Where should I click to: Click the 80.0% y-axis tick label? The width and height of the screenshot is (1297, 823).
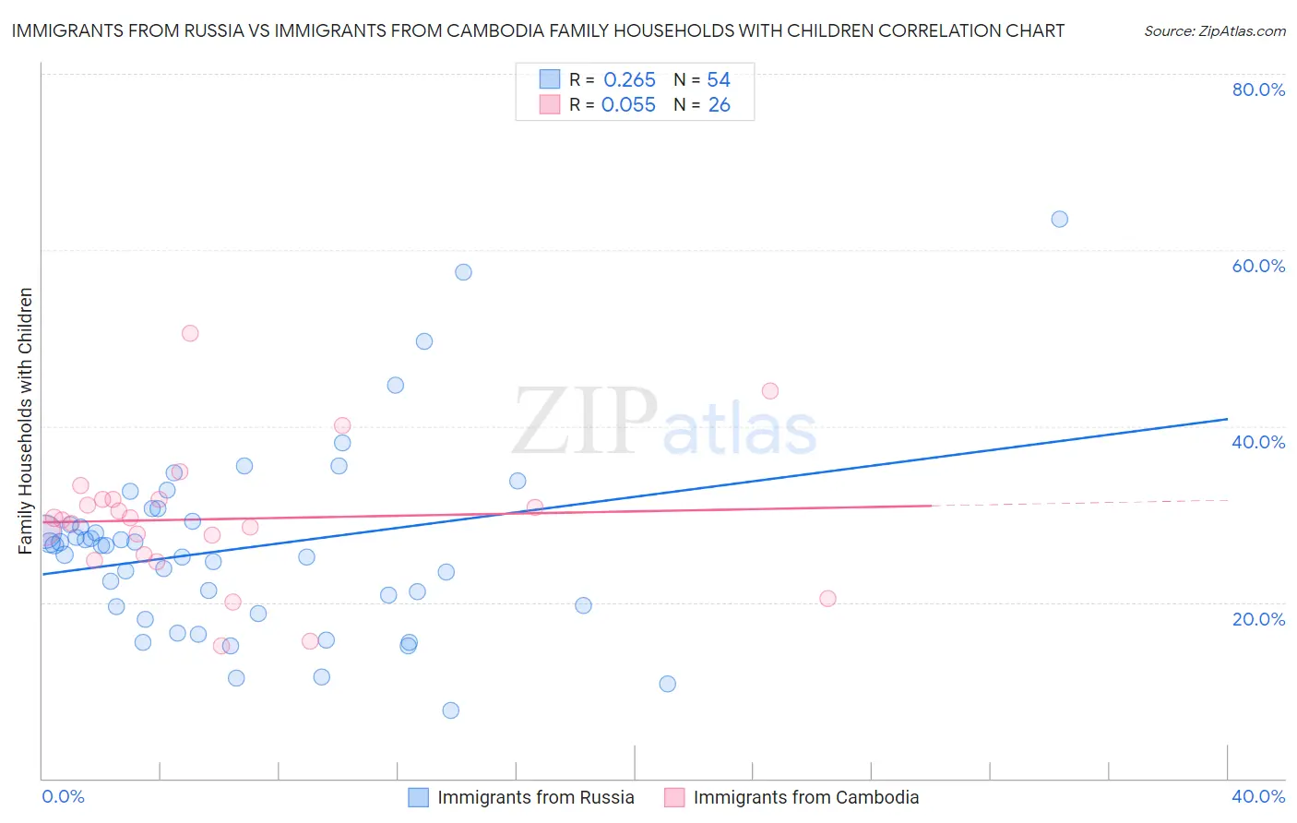pos(1258,89)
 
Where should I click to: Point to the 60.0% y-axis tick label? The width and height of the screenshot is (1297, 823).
pos(1258,266)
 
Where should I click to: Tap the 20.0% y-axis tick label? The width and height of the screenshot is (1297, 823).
pos(1258,618)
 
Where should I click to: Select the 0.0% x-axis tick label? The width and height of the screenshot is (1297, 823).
pos(63,796)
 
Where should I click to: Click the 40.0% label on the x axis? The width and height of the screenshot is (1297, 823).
pos(1258,796)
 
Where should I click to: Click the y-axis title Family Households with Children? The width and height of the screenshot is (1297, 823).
pos(25,421)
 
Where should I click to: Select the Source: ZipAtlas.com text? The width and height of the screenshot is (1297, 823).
pos(1214,30)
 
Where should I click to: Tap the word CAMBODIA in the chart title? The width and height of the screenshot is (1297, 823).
pos(492,30)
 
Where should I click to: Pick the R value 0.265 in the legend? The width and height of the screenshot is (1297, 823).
pos(629,80)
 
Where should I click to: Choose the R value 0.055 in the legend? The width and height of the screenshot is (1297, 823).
pos(628,105)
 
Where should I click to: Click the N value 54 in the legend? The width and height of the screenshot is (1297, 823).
pos(719,80)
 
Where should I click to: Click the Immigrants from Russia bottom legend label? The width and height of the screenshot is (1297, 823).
pos(535,797)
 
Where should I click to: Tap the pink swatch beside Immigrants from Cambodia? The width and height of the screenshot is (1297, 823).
pos(674,797)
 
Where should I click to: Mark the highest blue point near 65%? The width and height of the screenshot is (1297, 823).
pos(1059,219)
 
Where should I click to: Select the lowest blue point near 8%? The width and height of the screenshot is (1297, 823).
pos(450,710)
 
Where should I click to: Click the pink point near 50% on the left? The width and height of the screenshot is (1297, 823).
pos(190,333)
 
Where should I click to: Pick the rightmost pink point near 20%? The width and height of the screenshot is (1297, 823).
pos(827,598)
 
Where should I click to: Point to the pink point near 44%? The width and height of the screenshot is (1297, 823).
pos(770,390)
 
